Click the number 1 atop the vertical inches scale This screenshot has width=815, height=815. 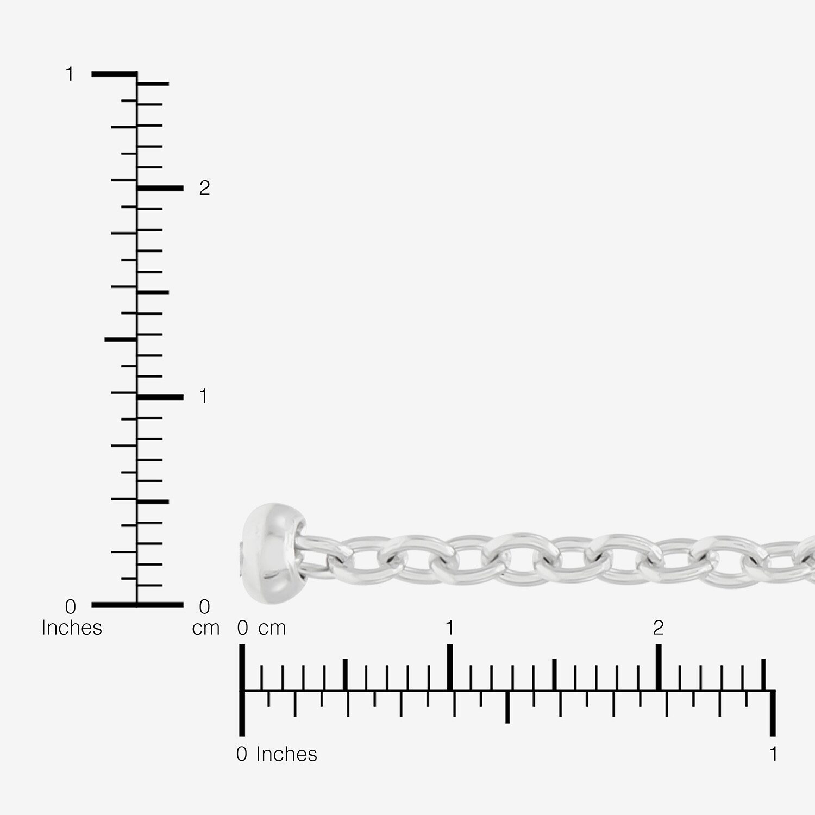click(70, 74)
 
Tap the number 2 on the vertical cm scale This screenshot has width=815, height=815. click(204, 188)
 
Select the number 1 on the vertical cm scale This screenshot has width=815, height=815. click(203, 397)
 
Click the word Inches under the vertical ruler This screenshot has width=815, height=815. click(72, 628)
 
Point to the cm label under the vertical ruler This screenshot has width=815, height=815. click(206, 628)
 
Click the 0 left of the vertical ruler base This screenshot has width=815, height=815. click(70, 606)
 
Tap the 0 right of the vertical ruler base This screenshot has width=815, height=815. click(204, 606)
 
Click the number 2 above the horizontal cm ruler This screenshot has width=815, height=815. click(659, 628)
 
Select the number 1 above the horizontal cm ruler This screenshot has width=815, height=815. click(449, 628)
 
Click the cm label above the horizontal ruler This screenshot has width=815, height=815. click(272, 629)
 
